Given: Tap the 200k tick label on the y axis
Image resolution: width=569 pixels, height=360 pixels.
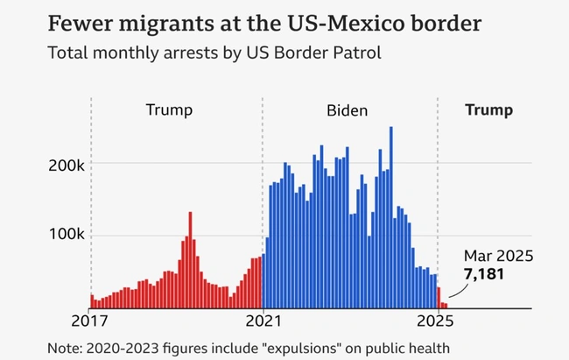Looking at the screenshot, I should pyautogui.click(x=66, y=165).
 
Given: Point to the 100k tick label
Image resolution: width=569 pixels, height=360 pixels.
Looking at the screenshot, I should pyautogui.click(x=66, y=236).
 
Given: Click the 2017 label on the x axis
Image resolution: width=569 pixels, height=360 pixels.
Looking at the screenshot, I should pyautogui.click(x=91, y=320).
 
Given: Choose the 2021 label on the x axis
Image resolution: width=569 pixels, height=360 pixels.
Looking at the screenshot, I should pyautogui.click(x=263, y=320).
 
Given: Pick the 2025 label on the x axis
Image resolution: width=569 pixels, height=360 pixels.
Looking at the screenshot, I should pyautogui.click(x=438, y=320).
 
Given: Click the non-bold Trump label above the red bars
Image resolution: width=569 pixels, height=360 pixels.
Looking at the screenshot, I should pyautogui.click(x=168, y=110).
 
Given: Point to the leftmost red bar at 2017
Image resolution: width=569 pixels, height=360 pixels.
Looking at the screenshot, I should pyautogui.click(x=92, y=301).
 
